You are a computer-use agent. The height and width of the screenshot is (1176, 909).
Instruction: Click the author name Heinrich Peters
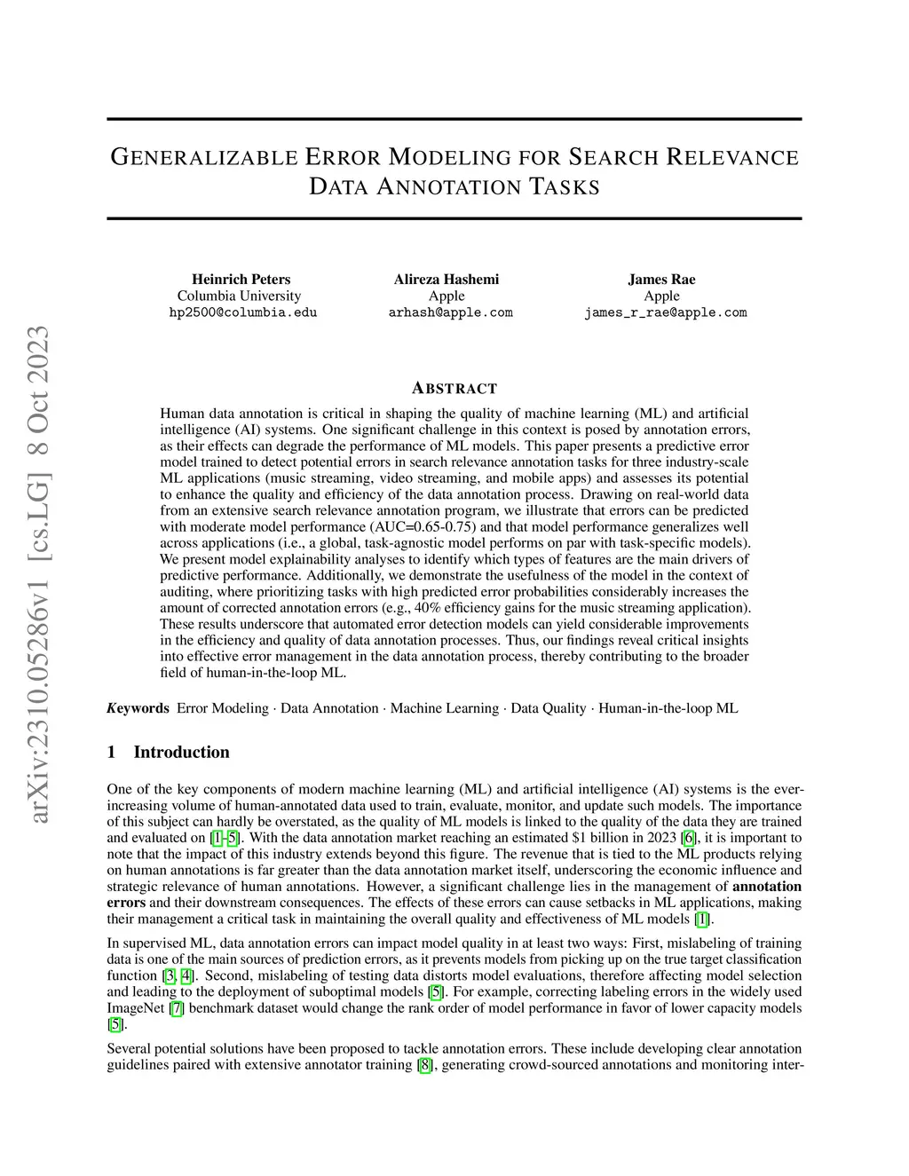[241, 280]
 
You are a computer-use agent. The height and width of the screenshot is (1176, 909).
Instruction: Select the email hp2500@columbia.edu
[242, 312]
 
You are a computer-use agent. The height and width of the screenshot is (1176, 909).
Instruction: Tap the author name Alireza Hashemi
[447, 280]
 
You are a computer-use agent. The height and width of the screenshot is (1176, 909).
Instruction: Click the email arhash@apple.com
[450, 312]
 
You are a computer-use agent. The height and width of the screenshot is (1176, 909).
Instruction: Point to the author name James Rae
[661, 280]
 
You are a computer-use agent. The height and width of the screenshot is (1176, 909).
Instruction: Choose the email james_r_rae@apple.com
[665, 312]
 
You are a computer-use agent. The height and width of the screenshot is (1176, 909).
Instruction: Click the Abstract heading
[454, 389]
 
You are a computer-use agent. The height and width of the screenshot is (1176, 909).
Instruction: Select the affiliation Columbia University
[239, 296]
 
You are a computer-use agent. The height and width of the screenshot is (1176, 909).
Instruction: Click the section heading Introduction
[181, 752]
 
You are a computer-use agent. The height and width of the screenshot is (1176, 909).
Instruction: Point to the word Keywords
[138, 708]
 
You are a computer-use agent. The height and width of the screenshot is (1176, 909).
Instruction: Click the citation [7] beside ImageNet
[178, 1008]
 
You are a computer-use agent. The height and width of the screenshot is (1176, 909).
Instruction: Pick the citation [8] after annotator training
[425, 1065]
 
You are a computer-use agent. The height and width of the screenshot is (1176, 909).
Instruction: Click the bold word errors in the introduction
[126, 903]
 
